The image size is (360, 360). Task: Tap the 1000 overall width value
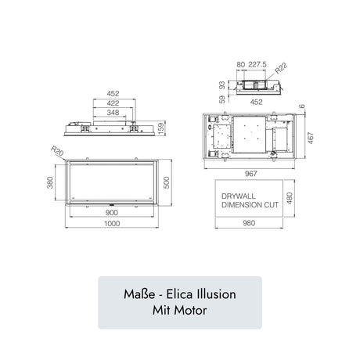point(113,224)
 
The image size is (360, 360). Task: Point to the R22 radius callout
point(281,68)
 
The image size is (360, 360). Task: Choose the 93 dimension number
point(221,84)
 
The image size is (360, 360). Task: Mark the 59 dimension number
point(221,99)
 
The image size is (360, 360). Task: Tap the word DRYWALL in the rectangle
point(236,196)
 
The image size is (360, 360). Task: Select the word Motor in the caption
point(191,311)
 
